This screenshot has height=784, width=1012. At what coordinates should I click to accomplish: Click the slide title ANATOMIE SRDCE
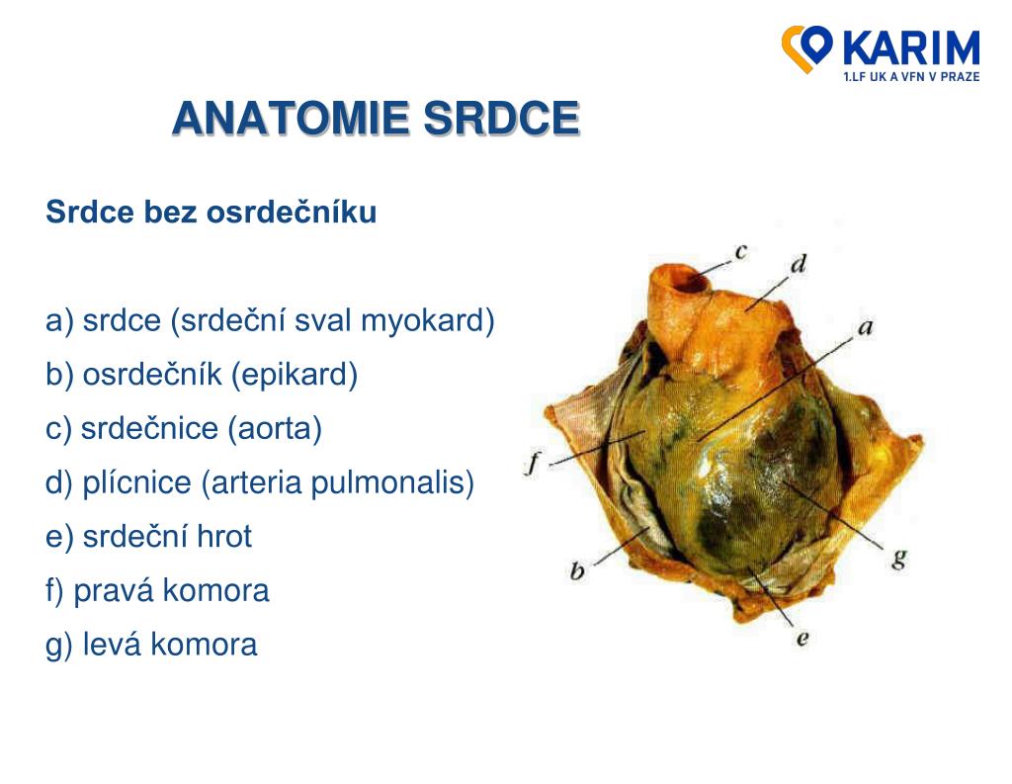click(x=376, y=119)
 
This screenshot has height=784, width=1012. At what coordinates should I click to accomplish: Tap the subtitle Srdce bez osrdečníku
click(x=211, y=212)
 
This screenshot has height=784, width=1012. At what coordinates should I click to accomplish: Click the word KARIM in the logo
click(x=910, y=49)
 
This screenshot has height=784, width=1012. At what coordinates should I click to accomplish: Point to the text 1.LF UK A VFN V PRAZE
click(x=910, y=77)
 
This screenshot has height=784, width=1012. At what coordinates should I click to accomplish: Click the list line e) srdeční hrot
click(x=148, y=537)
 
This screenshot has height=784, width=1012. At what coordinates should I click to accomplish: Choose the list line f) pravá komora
click(x=157, y=591)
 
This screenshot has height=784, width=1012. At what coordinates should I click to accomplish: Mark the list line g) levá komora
click(x=151, y=645)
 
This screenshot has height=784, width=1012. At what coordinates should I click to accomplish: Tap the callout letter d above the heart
click(x=799, y=265)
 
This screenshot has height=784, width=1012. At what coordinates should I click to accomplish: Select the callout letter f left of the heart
click(x=532, y=463)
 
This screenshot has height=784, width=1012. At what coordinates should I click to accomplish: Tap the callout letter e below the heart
click(x=802, y=638)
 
